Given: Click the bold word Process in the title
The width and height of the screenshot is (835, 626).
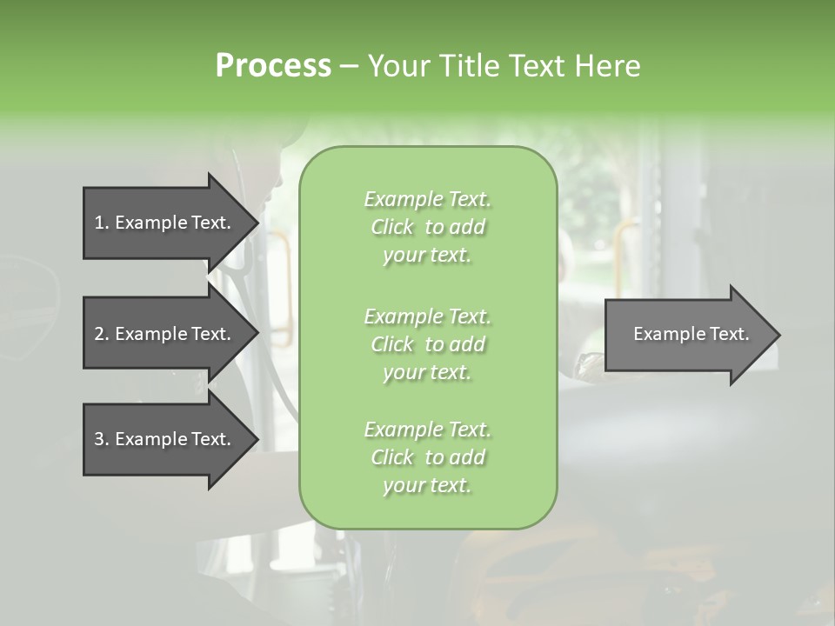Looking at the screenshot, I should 273,65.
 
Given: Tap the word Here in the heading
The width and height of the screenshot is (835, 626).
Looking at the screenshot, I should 609,65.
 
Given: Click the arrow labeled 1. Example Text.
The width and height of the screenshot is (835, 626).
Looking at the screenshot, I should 165,223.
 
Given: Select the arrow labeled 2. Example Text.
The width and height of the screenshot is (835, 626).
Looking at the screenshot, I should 165,334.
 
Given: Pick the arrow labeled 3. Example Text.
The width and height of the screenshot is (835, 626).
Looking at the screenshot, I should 165,439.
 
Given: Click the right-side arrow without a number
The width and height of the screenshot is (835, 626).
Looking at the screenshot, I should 687,334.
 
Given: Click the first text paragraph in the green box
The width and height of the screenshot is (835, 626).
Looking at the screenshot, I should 427,227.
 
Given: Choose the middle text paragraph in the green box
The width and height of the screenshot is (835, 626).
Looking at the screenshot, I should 427,343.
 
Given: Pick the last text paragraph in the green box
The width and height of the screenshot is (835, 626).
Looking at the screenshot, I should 427,457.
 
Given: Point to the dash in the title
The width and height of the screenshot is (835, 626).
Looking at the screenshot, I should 350,66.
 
